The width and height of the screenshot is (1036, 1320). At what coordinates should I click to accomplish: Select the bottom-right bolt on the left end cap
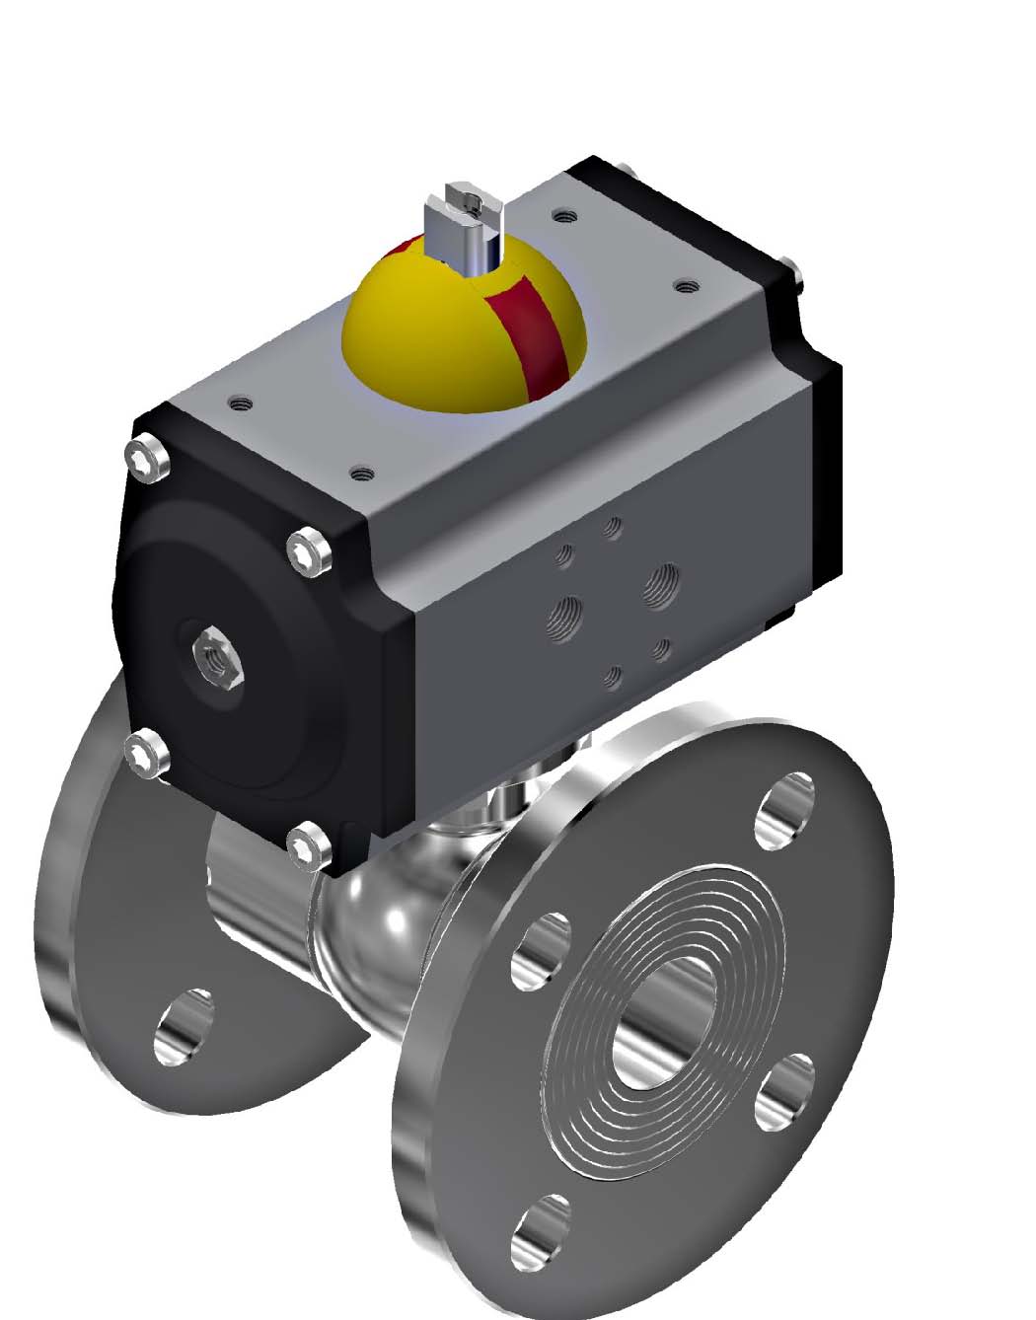point(308,847)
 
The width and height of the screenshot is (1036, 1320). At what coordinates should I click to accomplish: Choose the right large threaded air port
point(660,584)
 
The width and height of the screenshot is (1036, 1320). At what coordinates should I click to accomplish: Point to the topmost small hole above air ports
point(613,528)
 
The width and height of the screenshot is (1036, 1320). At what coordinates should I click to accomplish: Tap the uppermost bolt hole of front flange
point(784,810)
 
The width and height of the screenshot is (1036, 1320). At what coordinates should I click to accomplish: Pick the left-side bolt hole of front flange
point(541,951)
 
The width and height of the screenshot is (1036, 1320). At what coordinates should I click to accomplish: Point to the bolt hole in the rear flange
point(185,1026)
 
